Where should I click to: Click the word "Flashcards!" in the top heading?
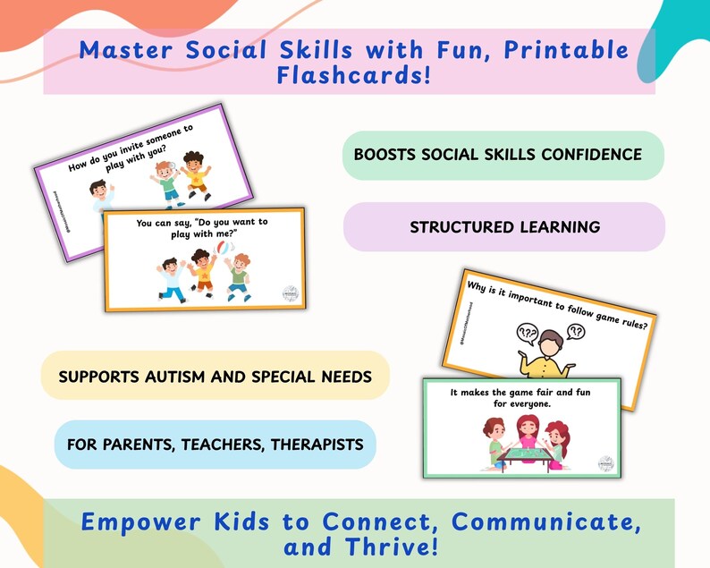tap(354, 75)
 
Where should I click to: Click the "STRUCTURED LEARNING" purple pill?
tap(504, 227)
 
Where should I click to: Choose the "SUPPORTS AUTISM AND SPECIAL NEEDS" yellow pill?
tap(215, 376)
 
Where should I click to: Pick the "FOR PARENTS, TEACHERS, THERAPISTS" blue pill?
tap(215, 445)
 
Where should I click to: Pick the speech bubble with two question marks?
tap(576, 333)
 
